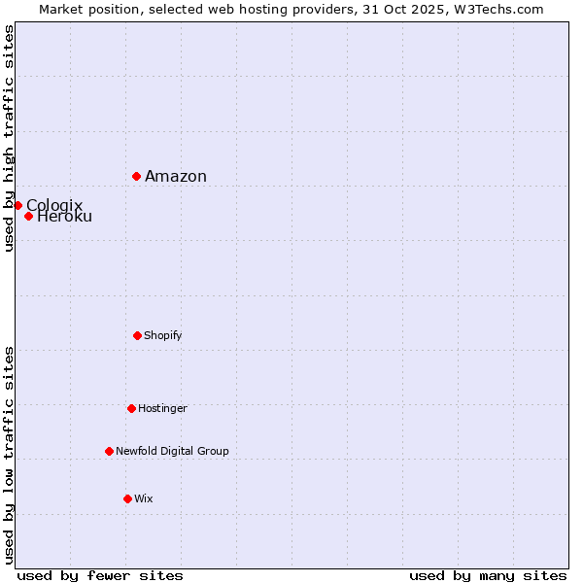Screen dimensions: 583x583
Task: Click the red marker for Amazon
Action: click(x=137, y=176)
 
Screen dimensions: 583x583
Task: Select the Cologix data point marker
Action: click(x=17, y=205)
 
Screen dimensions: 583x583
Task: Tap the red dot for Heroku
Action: click(x=29, y=216)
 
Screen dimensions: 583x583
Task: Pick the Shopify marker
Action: click(x=137, y=335)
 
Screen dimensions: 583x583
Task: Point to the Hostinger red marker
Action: click(x=131, y=408)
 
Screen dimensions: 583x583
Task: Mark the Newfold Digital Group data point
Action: click(x=109, y=451)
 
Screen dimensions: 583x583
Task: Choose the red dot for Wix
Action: click(x=127, y=498)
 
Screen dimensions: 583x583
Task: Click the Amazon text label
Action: click(x=176, y=177)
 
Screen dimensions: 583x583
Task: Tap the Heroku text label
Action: click(x=65, y=217)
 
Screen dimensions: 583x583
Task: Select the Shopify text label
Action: click(x=163, y=336)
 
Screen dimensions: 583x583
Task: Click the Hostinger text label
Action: click(x=162, y=409)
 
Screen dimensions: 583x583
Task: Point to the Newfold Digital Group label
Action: click(x=173, y=452)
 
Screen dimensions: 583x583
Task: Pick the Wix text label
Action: click(x=144, y=499)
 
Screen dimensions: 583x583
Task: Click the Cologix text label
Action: click(x=54, y=205)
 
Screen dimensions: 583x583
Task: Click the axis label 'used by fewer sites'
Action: click(x=100, y=576)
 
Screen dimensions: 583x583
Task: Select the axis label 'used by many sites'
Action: click(x=488, y=576)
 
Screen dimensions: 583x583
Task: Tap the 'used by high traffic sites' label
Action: click(x=10, y=138)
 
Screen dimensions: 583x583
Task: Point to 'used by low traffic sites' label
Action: click(x=10, y=455)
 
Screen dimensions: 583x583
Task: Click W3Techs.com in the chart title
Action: click(x=500, y=10)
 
